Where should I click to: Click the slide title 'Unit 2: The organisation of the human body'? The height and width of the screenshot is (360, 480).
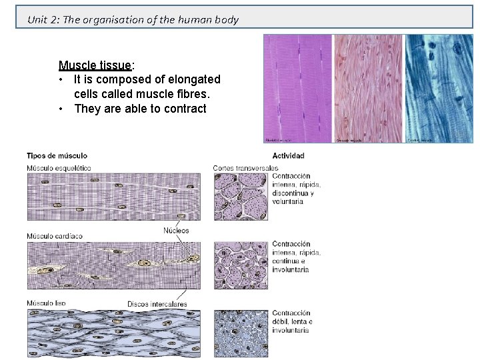133,19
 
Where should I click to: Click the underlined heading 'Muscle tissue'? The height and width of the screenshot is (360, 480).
95,65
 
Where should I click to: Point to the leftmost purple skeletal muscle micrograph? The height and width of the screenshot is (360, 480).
298,88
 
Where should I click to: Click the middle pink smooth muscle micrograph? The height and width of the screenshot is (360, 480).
369,88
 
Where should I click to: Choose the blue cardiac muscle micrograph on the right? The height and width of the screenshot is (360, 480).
439,88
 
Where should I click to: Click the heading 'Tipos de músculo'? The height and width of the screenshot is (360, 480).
57,156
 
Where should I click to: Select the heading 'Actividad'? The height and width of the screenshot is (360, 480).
288,156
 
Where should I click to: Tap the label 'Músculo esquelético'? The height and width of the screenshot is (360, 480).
59,167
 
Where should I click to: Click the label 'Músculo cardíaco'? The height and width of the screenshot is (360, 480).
55,236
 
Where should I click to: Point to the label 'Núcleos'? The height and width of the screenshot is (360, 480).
176,231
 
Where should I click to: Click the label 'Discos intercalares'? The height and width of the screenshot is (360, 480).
157,304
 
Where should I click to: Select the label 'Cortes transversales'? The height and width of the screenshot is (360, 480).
245,167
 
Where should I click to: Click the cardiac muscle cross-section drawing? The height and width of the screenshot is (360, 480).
241,265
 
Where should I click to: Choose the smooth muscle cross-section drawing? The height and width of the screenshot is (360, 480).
241,333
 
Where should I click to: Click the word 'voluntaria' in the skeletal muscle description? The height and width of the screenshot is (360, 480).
287,201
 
